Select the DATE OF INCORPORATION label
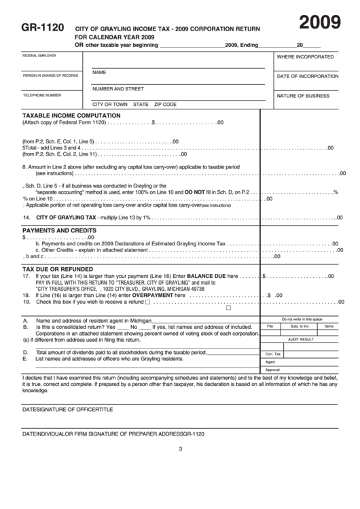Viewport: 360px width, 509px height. (307, 77)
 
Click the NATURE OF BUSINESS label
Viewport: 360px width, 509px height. (303, 96)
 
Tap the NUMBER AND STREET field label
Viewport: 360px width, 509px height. (118, 88)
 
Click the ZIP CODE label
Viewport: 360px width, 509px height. (165, 105)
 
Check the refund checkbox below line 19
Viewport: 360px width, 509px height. (228, 308)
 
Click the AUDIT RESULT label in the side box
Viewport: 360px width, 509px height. (301, 338)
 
